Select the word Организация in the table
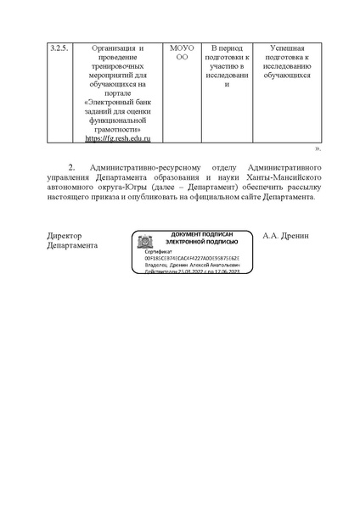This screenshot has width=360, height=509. pyautogui.click(x=104, y=48)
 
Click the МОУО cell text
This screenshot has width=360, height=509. pyautogui.click(x=182, y=48)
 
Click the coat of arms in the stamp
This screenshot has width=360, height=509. pyautogui.click(x=144, y=241)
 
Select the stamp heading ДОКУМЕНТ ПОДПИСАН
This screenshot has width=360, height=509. pyautogui.click(x=202, y=233)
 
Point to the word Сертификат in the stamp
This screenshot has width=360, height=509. pyautogui.click(x=159, y=252)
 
